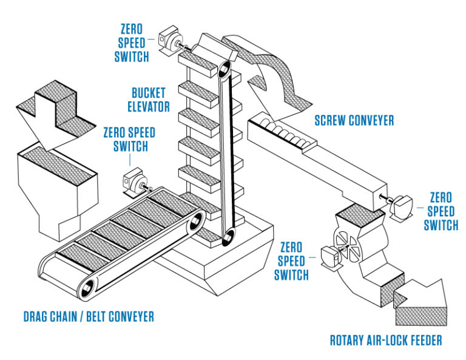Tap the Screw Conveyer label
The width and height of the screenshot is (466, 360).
tap(354, 120)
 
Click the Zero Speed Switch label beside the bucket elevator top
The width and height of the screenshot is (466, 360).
tap(132, 43)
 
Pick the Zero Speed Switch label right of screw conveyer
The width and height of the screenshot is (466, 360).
tap(441, 211)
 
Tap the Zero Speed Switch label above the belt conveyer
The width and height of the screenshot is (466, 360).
tap(129, 140)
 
